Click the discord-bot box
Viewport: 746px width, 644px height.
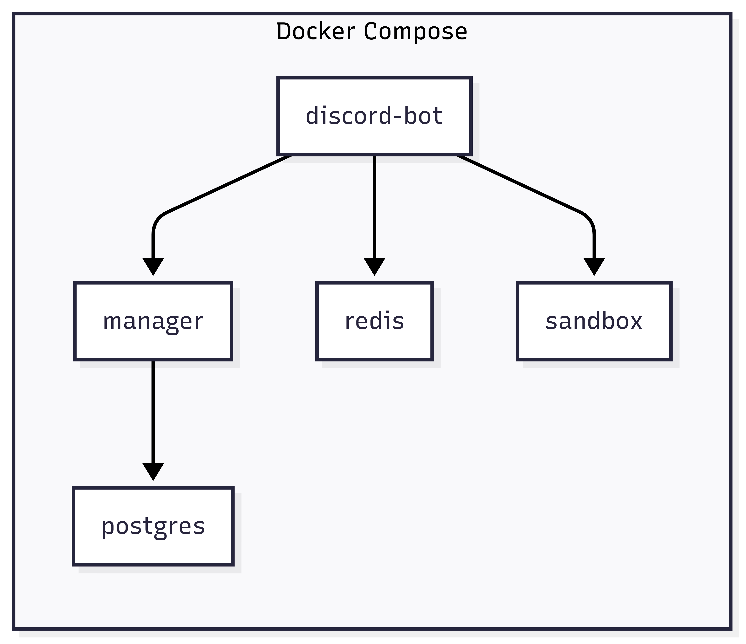[x=374, y=116]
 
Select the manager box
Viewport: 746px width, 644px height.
[x=153, y=321]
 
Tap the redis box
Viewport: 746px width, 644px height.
[x=374, y=321]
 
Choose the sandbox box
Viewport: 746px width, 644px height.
[x=594, y=321]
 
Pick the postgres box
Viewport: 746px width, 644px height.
[x=153, y=527]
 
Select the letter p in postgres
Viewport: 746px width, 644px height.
[x=107, y=529]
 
